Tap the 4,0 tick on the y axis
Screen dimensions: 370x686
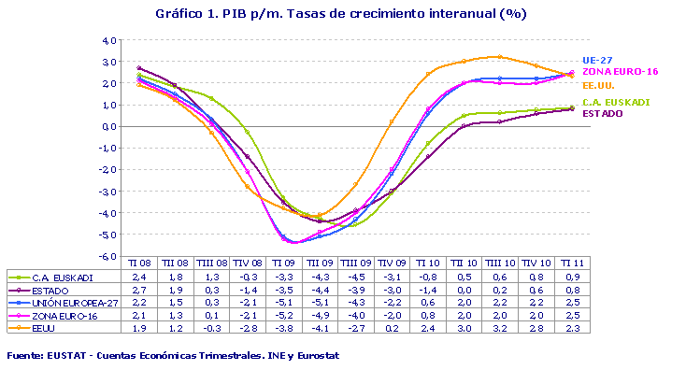[x=108, y=41]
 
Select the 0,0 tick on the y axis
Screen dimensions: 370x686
[x=109, y=127]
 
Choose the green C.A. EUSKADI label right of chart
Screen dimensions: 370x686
[x=616, y=102]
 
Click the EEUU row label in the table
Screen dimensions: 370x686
[x=47, y=328]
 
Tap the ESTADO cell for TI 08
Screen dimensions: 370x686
[x=139, y=291]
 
